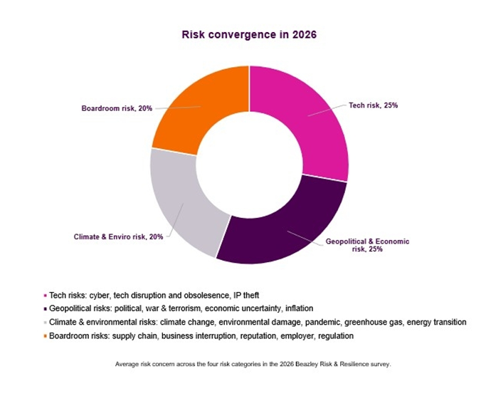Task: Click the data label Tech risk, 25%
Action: click(x=373, y=105)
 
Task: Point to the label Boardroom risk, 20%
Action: click(x=117, y=110)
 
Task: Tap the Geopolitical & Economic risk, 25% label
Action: click(x=367, y=246)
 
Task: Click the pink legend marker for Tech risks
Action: click(x=46, y=295)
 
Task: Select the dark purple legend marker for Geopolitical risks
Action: click(x=46, y=308)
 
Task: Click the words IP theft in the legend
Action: click(x=242, y=295)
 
